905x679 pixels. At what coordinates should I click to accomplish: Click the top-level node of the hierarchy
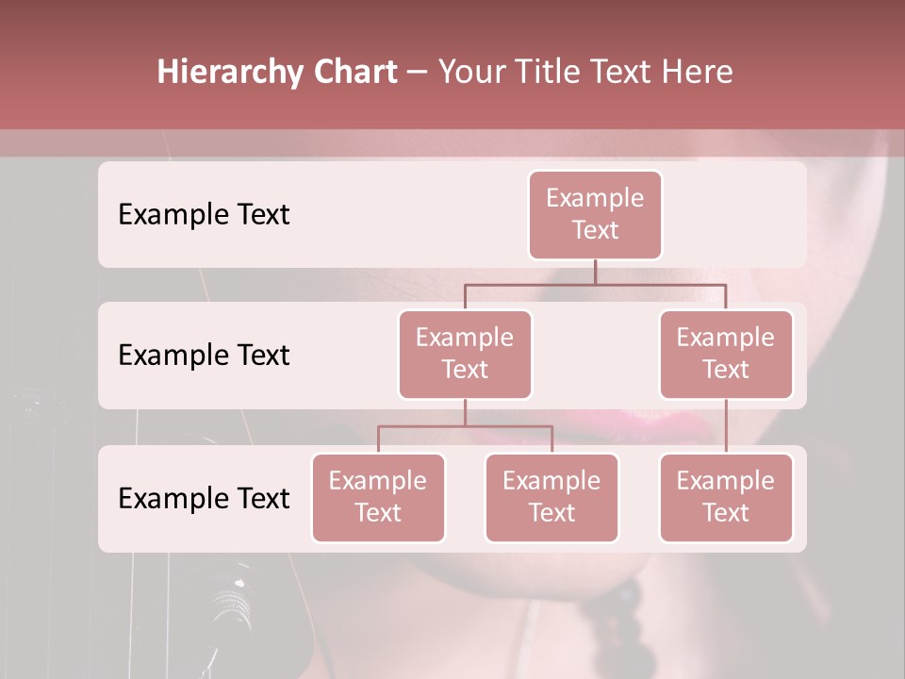coord(595,214)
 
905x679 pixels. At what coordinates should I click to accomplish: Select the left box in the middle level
coord(465,354)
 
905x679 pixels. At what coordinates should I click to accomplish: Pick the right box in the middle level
coord(726,354)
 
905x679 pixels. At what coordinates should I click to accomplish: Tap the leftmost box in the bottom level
coord(378,497)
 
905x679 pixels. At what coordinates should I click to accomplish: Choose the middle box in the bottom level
coord(551,497)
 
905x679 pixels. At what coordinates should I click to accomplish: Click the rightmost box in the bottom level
coord(726,497)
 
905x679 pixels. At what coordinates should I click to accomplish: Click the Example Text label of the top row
coord(204,215)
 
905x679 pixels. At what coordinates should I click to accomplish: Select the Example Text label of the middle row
coord(204,356)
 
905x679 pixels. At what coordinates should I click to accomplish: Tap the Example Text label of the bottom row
coord(204,498)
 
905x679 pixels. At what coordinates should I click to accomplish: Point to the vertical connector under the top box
coord(595,272)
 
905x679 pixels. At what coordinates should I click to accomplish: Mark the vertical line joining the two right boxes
coord(726,426)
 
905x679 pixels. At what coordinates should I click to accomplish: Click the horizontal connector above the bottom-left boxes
coord(465,426)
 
